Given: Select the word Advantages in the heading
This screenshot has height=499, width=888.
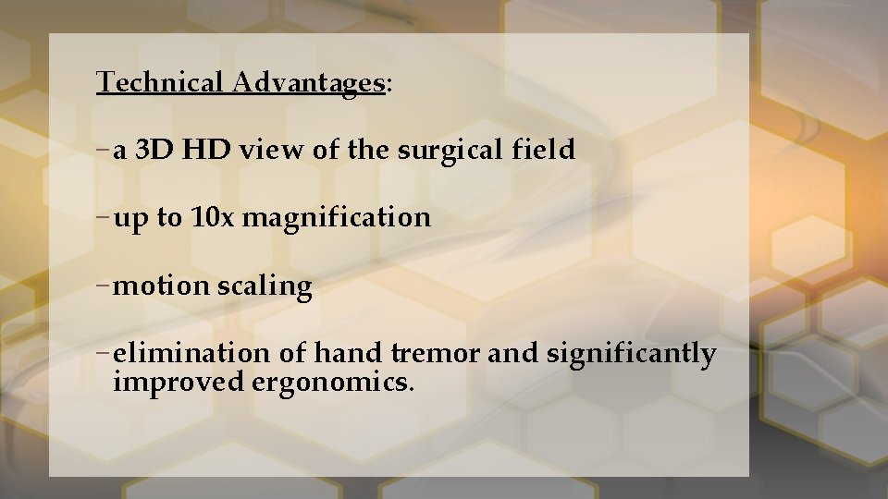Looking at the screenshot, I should tap(308, 83).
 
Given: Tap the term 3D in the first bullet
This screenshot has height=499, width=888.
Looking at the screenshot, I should tap(154, 150).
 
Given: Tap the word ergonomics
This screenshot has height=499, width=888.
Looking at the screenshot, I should tap(332, 383).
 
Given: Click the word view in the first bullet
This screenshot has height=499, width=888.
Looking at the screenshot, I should tap(272, 150).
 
